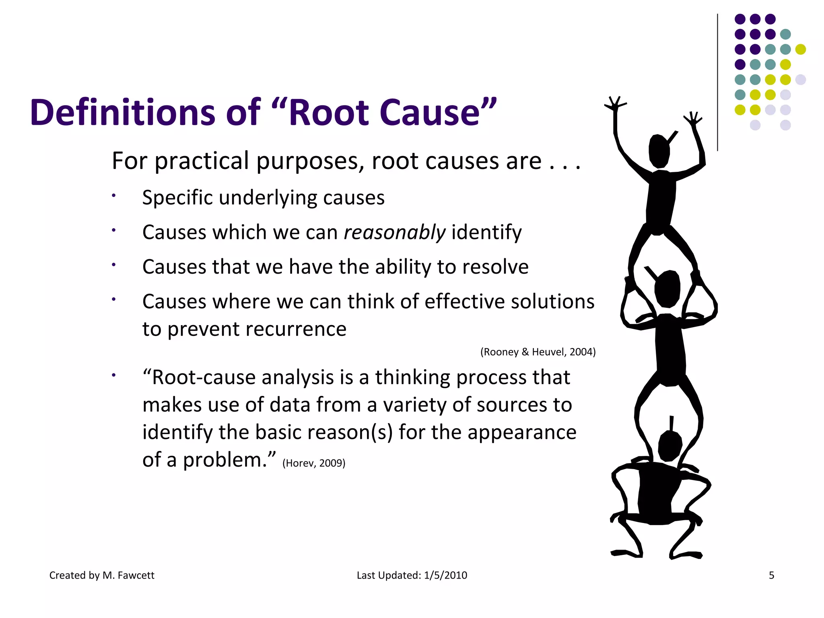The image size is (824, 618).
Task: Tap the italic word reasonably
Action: (x=394, y=233)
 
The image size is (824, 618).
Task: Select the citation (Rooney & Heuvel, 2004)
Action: (x=538, y=352)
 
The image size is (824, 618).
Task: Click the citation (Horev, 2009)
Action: (x=314, y=463)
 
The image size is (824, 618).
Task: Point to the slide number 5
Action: (x=771, y=575)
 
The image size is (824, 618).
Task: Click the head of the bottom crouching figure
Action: (x=669, y=446)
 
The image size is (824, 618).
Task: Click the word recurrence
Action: (x=297, y=329)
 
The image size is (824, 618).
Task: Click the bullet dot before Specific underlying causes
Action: (x=114, y=196)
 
